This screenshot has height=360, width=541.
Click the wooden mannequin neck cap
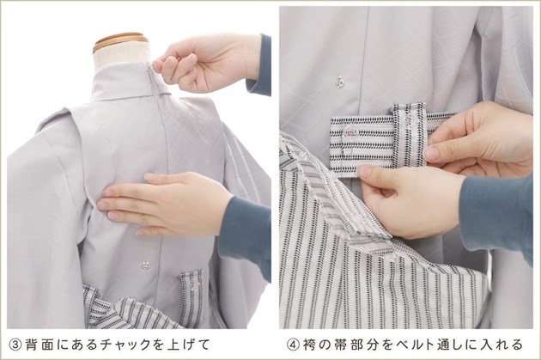click(x=119, y=40)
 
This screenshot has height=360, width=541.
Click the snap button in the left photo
click(x=146, y=265)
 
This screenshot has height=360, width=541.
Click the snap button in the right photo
click(x=340, y=82)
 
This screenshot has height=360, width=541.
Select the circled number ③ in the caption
click(x=15, y=345)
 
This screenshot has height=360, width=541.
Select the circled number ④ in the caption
click(x=293, y=345)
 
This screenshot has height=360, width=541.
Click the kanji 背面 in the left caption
click(x=39, y=345)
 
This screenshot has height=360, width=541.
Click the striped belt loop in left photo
click(x=191, y=296)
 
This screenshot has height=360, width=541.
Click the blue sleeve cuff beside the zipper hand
click(x=258, y=66)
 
